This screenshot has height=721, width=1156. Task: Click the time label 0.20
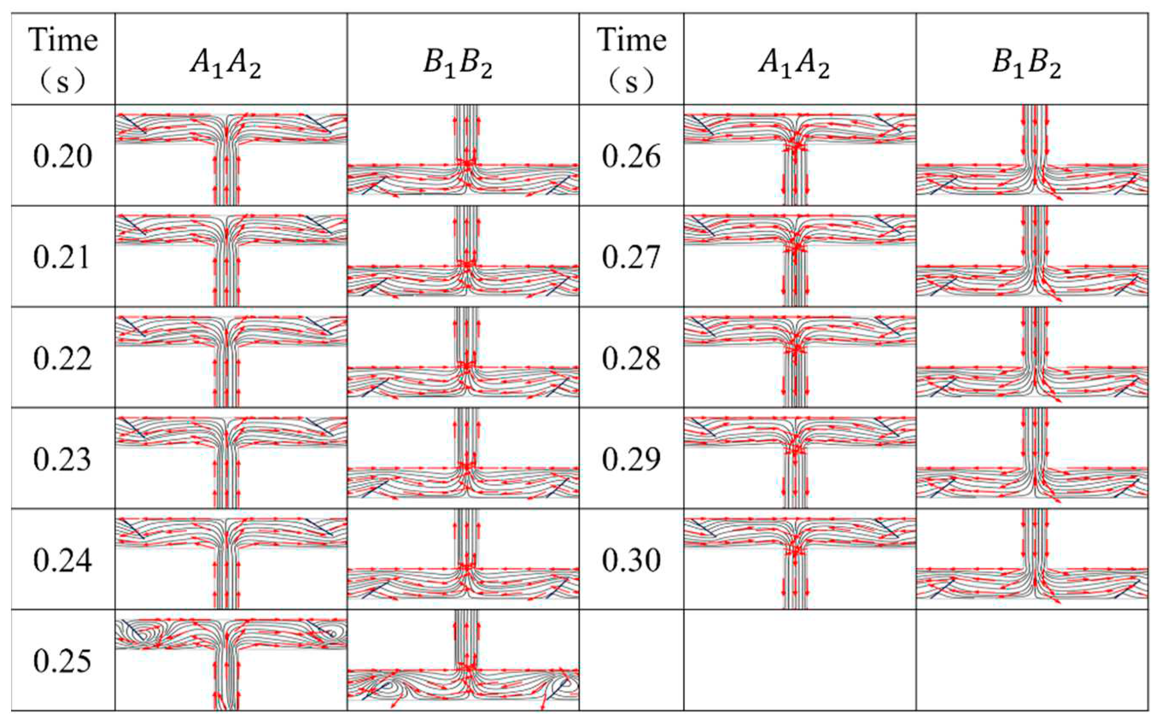point(62,156)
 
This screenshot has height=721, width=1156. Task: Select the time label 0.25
point(62,661)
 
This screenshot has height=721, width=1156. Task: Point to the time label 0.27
point(631,257)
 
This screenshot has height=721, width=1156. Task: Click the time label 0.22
point(62,358)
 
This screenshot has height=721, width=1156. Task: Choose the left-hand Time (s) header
point(62,60)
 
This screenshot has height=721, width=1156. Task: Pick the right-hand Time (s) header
point(631,60)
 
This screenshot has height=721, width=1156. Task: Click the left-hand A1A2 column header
point(225,64)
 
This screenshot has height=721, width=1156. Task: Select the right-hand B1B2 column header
point(1026,64)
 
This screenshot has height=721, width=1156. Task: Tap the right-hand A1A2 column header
point(794,64)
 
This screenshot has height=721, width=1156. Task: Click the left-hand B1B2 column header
point(458,64)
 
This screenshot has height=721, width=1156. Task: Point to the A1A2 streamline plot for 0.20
point(231,155)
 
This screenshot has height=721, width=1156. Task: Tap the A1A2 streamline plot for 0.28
point(800,358)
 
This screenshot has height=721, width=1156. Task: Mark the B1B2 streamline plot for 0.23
point(463,459)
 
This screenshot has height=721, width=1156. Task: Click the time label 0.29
point(631,459)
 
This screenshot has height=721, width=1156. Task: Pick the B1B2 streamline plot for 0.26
point(1032,156)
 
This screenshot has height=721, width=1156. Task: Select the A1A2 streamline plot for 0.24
point(231,559)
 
